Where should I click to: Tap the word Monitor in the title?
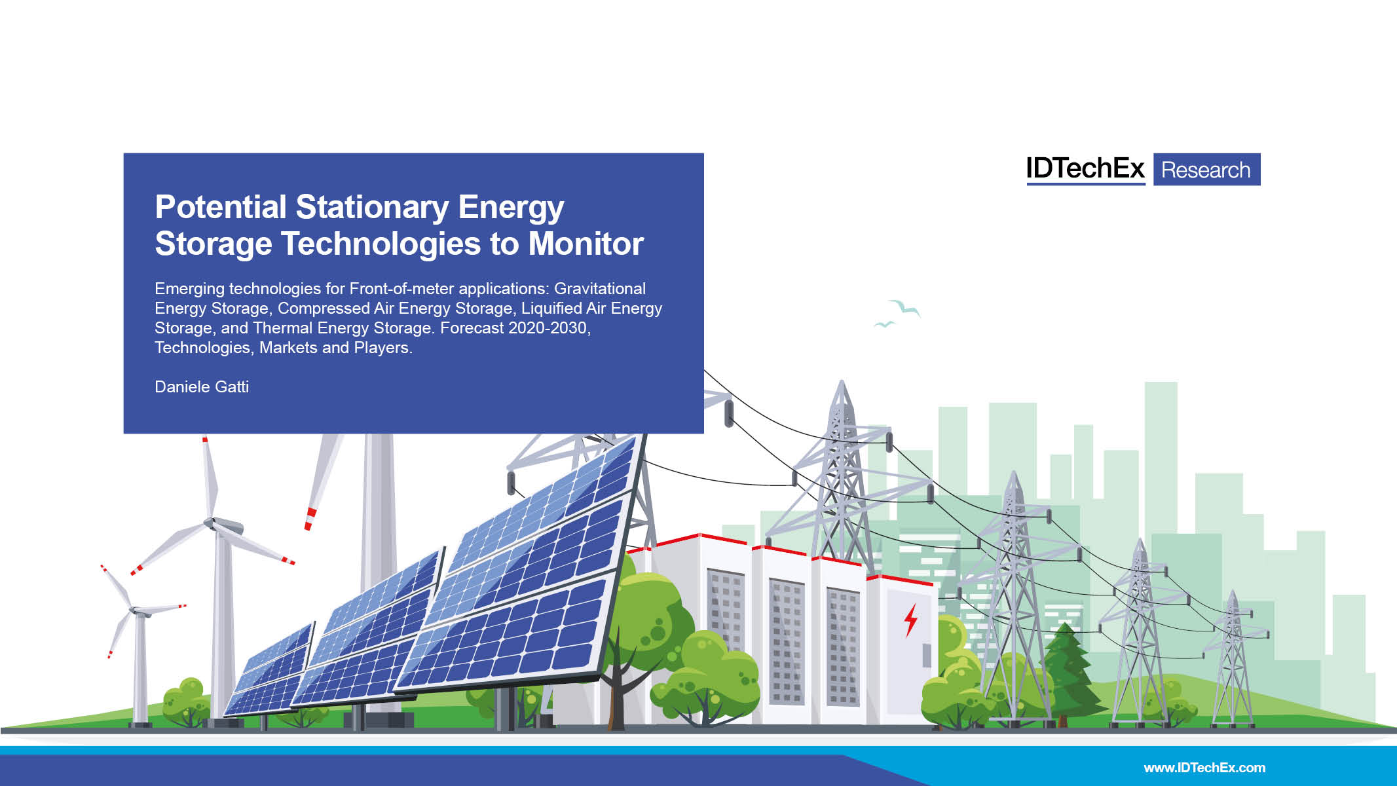click(x=586, y=244)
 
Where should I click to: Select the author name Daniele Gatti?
click(x=202, y=387)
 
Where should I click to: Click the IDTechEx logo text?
click(x=1085, y=169)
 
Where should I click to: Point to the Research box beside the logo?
click(x=1206, y=170)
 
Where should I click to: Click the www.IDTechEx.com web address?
click(x=1204, y=768)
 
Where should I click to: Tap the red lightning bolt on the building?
click(x=910, y=620)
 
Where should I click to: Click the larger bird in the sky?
click(x=904, y=307)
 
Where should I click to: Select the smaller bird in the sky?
click(x=884, y=324)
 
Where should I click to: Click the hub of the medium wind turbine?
click(x=212, y=523)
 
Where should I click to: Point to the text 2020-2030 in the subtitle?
click(x=548, y=328)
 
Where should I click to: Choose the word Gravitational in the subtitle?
click(x=599, y=289)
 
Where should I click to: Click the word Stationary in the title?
click(x=372, y=208)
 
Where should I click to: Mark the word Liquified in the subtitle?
click(x=551, y=309)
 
